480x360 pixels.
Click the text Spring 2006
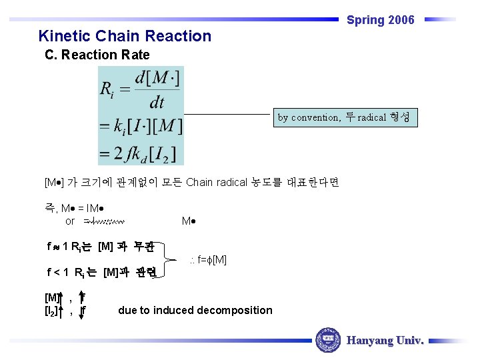[380, 20]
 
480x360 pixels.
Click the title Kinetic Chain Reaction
[125, 36]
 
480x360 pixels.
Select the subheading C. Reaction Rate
[97, 55]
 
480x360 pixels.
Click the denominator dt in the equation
[157, 102]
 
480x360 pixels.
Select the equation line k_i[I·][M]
[141, 125]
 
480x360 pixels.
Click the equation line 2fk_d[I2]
[141, 153]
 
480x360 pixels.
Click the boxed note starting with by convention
[347, 118]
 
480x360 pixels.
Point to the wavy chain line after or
[105, 221]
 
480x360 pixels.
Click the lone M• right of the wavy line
[188, 221]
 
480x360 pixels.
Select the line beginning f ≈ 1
[100, 247]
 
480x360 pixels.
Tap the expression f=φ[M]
[208, 259]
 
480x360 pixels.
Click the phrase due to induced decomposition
[195, 310]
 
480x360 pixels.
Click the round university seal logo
[327, 341]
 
